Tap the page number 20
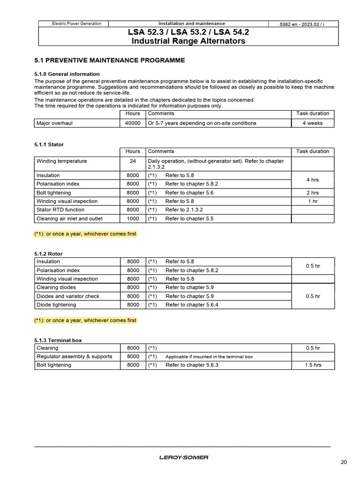(x=344, y=462)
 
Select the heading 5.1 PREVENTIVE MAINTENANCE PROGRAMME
(x=110, y=60)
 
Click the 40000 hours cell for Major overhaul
(x=133, y=123)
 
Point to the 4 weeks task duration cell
(x=313, y=123)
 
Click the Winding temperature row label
(x=62, y=161)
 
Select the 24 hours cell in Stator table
(x=133, y=161)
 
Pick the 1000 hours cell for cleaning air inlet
(x=133, y=218)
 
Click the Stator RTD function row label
(x=60, y=210)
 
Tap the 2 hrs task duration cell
(x=313, y=193)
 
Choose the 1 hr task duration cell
(x=313, y=201)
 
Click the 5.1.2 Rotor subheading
(x=48, y=254)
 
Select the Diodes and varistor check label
(x=68, y=296)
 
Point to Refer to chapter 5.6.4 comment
(x=192, y=305)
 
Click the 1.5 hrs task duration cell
(x=313, y=365)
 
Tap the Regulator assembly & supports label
(x=74, y=357)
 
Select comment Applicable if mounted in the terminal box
(x=209, y=357)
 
